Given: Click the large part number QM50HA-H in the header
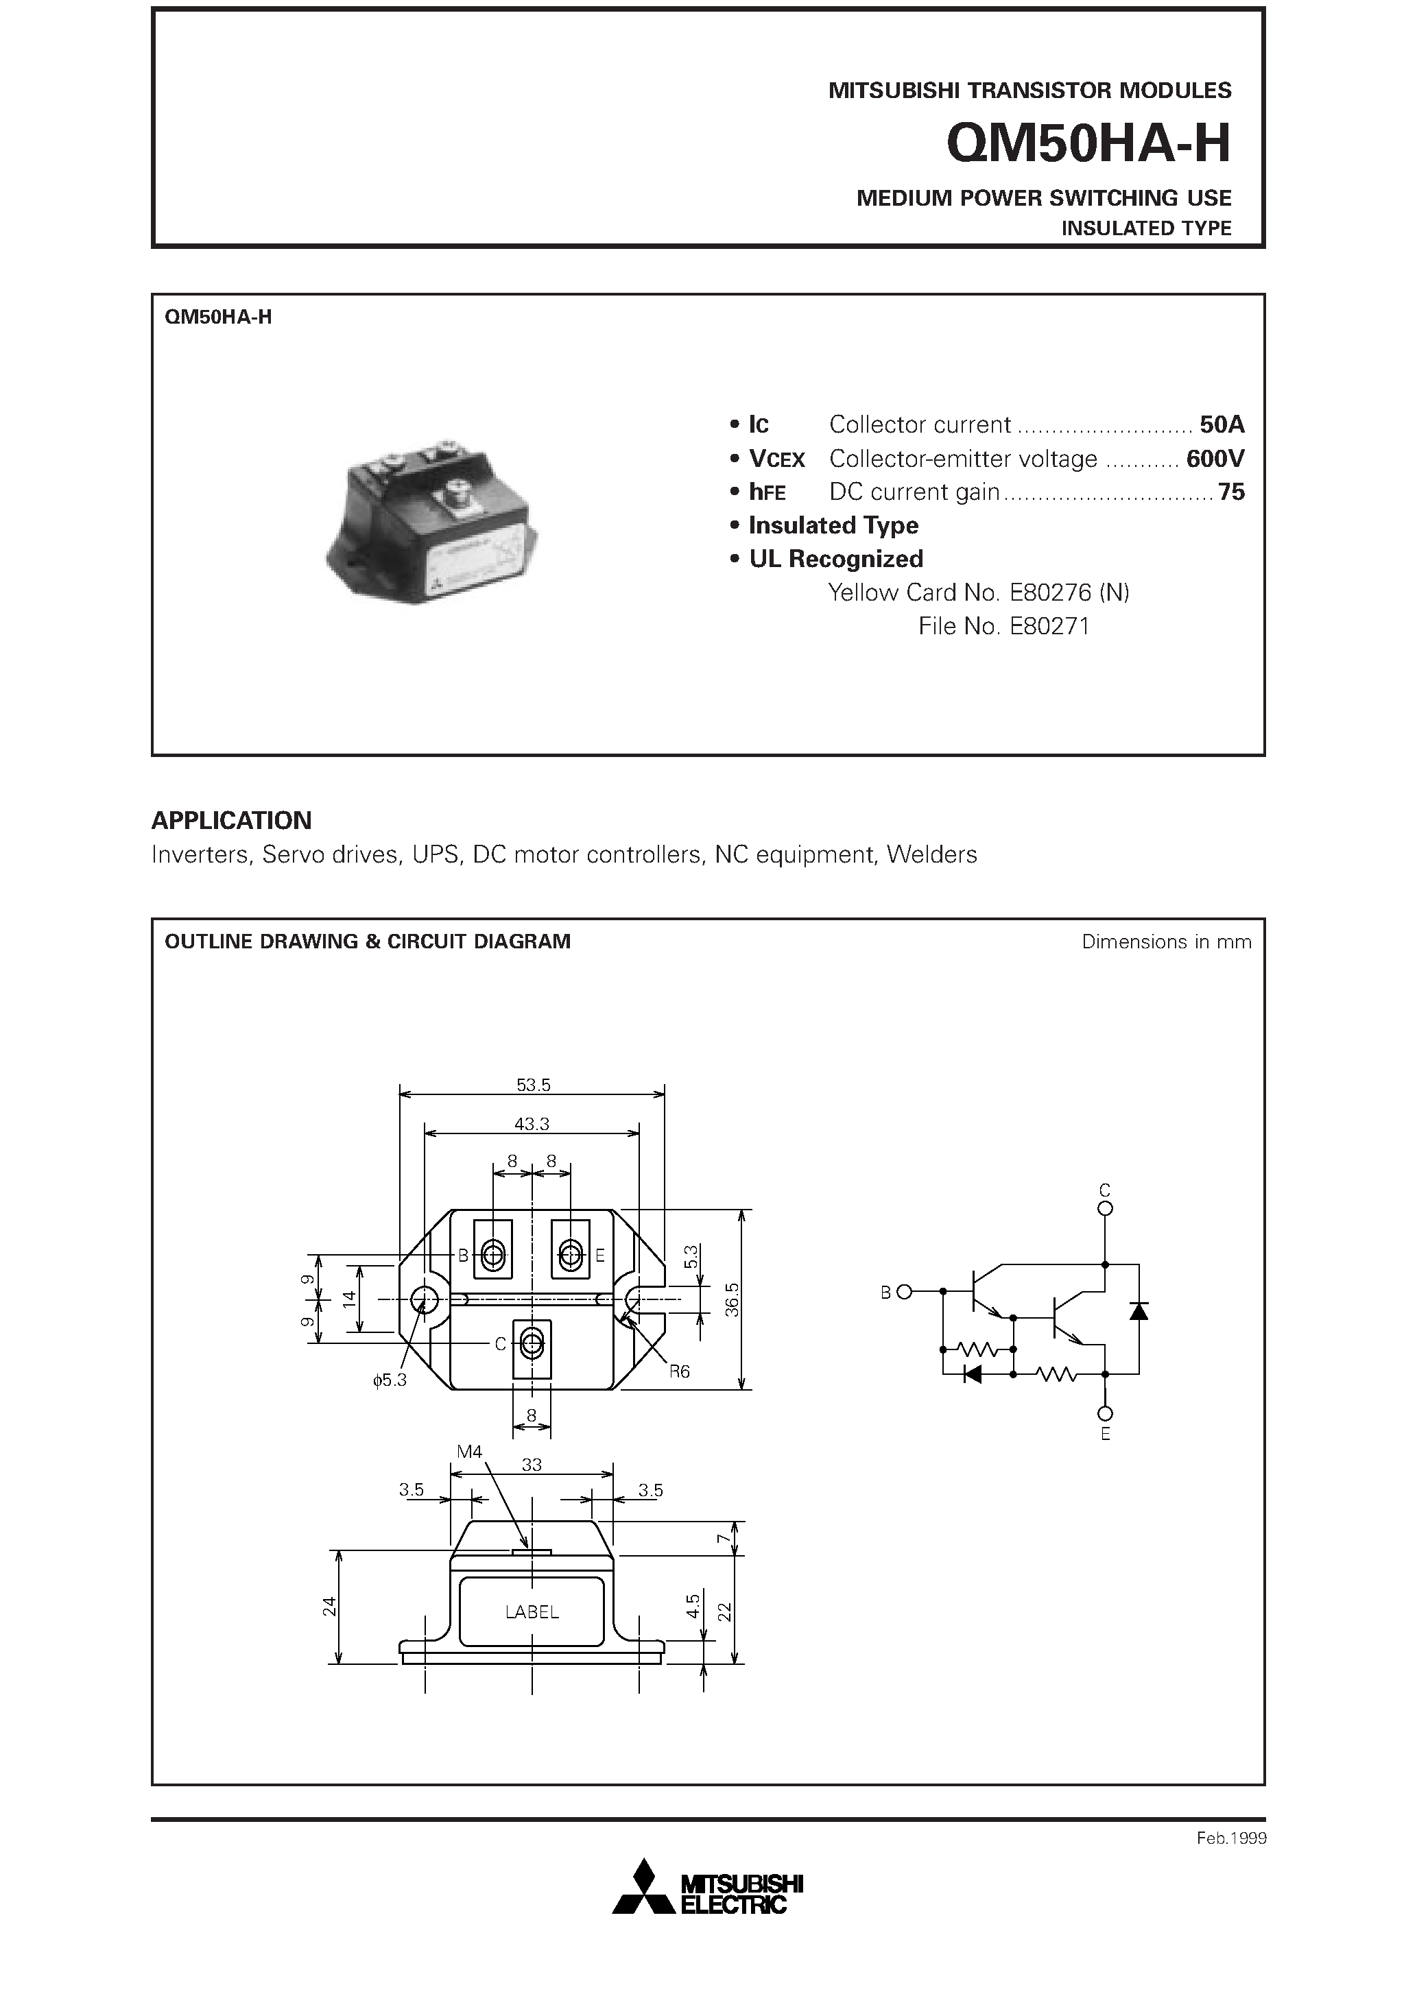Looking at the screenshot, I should coord(1088,144).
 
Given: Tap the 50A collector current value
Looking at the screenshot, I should coord(1222,424).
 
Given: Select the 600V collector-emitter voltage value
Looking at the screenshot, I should coord(1214,459).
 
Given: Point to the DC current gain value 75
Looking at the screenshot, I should coord(1231,492).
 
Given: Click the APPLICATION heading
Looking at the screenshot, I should coord(232,820).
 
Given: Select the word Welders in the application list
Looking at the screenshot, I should coord(931,854).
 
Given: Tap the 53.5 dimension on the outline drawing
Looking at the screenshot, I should coord(533,1085).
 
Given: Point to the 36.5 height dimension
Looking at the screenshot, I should coord(732,1299).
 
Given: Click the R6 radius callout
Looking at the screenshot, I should coord(679,1371).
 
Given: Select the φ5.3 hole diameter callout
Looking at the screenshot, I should coord(390,1380).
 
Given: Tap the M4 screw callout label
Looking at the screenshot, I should coord(469,1452).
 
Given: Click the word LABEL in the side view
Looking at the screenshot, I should coord(531,1612).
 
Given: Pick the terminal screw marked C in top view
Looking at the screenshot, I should coord(531,1345).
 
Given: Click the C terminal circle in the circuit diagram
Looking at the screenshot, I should coord(1105,1209).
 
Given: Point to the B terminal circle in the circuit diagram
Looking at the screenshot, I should coord(904,1292).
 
